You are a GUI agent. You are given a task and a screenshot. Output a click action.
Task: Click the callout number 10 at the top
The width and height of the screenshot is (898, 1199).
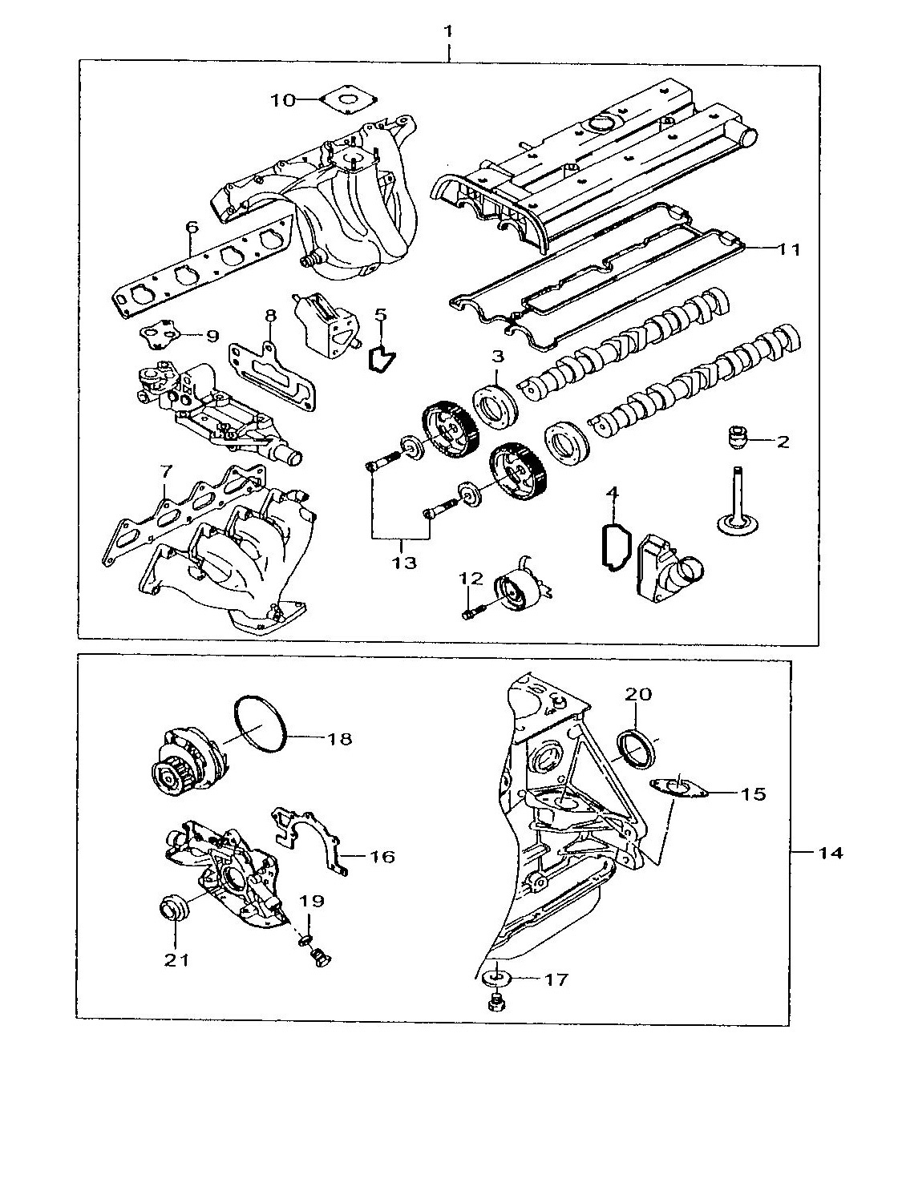click(x=282, y=100)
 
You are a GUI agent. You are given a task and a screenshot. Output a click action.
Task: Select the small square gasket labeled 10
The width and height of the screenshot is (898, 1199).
click(x=346, y=101)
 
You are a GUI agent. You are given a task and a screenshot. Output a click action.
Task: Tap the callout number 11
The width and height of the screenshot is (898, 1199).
click(x=789, y=249)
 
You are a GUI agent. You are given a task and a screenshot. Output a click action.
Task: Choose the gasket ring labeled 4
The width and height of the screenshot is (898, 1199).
click(x=614, y=547)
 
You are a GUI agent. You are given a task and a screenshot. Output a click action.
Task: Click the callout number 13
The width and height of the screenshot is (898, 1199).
click(x=404, y=563)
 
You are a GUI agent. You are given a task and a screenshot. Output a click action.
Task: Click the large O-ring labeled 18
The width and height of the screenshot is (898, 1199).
click(x=261, y=725)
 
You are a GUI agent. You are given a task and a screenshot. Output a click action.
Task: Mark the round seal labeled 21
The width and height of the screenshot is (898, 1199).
click(x=175, y=910)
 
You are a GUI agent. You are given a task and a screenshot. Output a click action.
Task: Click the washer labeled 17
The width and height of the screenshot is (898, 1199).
click(x=497, y=978)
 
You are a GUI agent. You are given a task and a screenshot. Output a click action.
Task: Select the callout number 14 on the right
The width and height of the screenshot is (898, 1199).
click(x=831, y=853)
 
